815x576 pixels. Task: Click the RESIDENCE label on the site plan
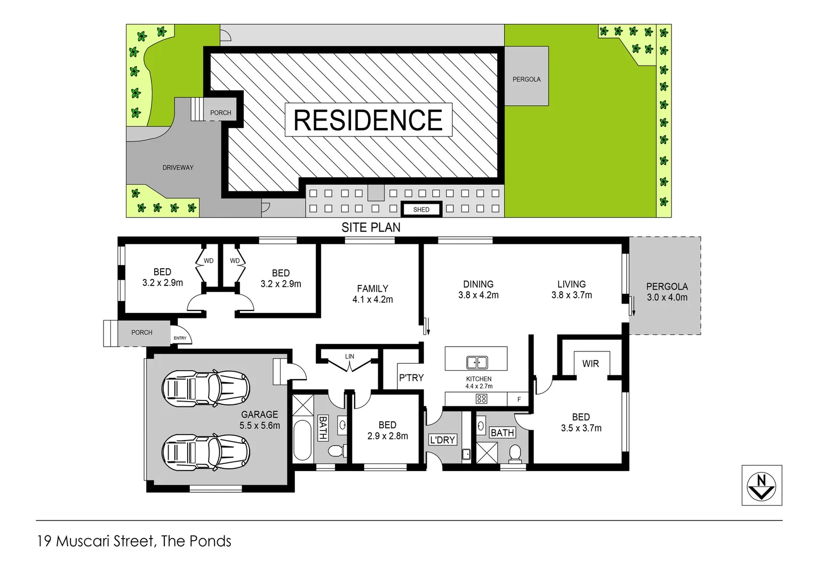pyautogui.click(x=368, y=120)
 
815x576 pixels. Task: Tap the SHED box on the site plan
pyautogui.click(x=421, y=210)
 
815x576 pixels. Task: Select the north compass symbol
pyautogui.click(x=761, y=485)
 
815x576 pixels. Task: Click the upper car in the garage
pyautogui.click(x=206, y=388)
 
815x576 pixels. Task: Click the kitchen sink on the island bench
pyautogui.click(x=477, y=363)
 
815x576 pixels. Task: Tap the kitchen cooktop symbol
pyautogui.click(x=481, y=399)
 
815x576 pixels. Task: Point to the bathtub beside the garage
pyautogui.click(x=302, y=440)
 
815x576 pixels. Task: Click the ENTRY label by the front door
pyautogui.click(x=180, y=338)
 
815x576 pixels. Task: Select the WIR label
pyautogui.click(x=590, y=364)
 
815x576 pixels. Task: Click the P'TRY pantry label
pyautogui.click(x=411, y=378)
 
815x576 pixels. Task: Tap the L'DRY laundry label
pyautogui.click(x=442, y=440)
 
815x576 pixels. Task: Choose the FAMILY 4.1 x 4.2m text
pyautogui.click(x=372, y=294)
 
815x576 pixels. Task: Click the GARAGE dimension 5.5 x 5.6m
pyautogui.click(x=260, y=426)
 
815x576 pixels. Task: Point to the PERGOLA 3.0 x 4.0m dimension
pyautogui.click(x=667, y=298)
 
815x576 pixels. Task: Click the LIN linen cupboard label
pyautogui.click(x=349, y=356)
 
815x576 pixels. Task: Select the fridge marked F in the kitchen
pyautogui.click(x=519, y=399)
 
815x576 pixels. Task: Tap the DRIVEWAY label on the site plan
pyautogui.click(x=178, y=167)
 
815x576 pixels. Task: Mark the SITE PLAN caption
pyautogui.click(x=371, y=228)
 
